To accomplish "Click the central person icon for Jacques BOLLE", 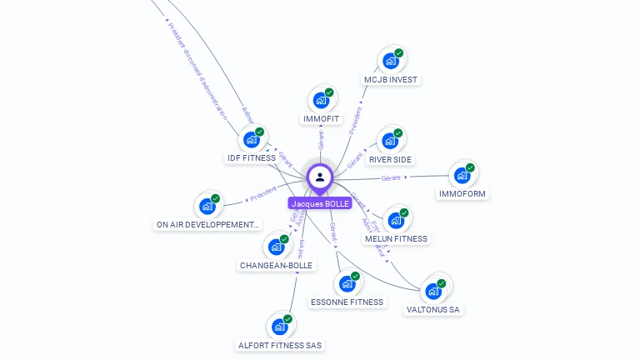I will (x=320, y=177).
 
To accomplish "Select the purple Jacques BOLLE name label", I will (x=320, y=203).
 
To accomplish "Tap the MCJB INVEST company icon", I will (x=390, y=61).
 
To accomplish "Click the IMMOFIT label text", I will (x=321, y=119).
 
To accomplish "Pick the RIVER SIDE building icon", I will (x=389, y=141).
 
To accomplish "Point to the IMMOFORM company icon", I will (x=462, y=176).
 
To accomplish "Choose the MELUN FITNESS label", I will (x=396, y=239).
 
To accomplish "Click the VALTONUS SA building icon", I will (x=432, y=291).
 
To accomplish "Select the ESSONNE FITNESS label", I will (x=347, y=302).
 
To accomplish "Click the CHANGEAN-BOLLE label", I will (x=276, y=266).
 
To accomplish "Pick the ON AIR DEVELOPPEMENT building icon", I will (x=207, y=206).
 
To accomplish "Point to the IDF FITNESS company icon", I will (x=251, y=139).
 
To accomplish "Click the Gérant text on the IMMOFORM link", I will (x=391, y=178).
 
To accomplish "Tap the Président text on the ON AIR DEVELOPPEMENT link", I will (x=263, y=193).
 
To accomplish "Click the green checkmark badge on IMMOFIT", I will (x=329, y=92).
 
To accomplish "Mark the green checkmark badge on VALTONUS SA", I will (x=442, y=283).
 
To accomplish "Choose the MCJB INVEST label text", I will (x=390, y=80).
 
